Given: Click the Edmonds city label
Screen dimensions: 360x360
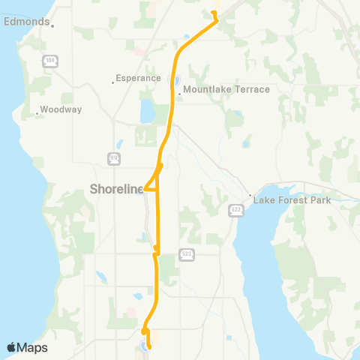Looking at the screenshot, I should click(26, 22).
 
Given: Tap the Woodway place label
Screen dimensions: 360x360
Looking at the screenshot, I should click(61, 109).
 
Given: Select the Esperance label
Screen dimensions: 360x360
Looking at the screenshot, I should click(139, 78).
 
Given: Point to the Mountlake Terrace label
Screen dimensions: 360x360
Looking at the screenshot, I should click(226, 89).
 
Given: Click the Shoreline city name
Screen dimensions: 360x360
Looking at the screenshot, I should click(116, 189).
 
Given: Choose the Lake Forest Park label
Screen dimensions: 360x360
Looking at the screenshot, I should click(292, 200).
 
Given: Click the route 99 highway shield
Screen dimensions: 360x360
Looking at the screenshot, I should click(113, 157).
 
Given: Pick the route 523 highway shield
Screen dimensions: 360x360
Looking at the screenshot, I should click(186, 254).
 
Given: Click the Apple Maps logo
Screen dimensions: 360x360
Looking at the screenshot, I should click(27, 347).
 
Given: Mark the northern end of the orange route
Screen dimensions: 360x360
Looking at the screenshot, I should click(214, 13).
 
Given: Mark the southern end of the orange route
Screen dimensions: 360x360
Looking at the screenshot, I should click(149, 347).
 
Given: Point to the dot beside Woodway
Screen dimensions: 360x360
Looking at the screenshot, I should click(37, 114).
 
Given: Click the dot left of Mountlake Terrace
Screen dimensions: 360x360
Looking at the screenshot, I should click(180, 94).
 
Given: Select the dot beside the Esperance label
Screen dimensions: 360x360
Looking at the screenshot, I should click(112, 82).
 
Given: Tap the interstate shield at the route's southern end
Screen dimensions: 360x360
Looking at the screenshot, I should click(143, 346).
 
